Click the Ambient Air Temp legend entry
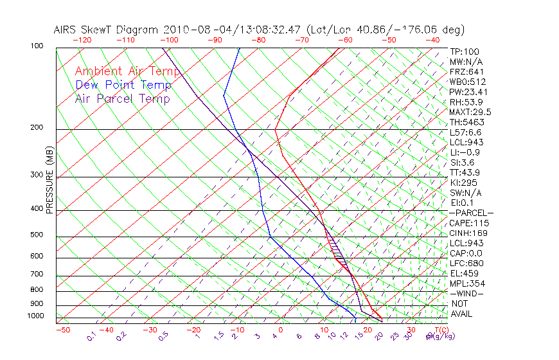[127, 71]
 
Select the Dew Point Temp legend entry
[123, 85]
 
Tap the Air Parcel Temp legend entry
[122, 98]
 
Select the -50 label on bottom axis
[62, 330]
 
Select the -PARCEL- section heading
[471, 213]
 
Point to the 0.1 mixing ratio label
[92, 336]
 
